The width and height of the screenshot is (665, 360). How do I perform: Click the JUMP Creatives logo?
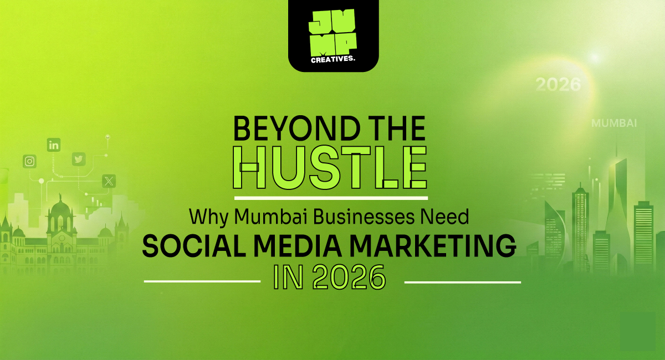click(x=333, y=35)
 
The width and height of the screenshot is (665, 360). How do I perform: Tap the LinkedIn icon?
click(x=54, y=145)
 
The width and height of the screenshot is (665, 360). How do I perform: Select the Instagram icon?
click(x=29, y=161)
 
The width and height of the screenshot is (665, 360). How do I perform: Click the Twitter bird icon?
click(x=79, y=160)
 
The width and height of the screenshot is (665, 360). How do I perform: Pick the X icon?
click(x=109, y=181)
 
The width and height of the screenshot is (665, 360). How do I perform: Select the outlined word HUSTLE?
click(x=330, y=167)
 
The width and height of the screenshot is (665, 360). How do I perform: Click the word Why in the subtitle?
click(x=208, y=218)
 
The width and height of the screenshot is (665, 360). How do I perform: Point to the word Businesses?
click(x=364, y=217)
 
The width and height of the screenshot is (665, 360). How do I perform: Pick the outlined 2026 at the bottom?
click(x=349, y=277)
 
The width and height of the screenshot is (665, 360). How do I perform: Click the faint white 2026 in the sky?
click(x=558, y=85)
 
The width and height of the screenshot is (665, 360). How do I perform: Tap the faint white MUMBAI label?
click(x=614, y=123)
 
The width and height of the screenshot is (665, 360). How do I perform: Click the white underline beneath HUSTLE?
click(x=331, y=198)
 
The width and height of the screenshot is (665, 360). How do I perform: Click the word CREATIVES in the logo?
click(x=333, y=59)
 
